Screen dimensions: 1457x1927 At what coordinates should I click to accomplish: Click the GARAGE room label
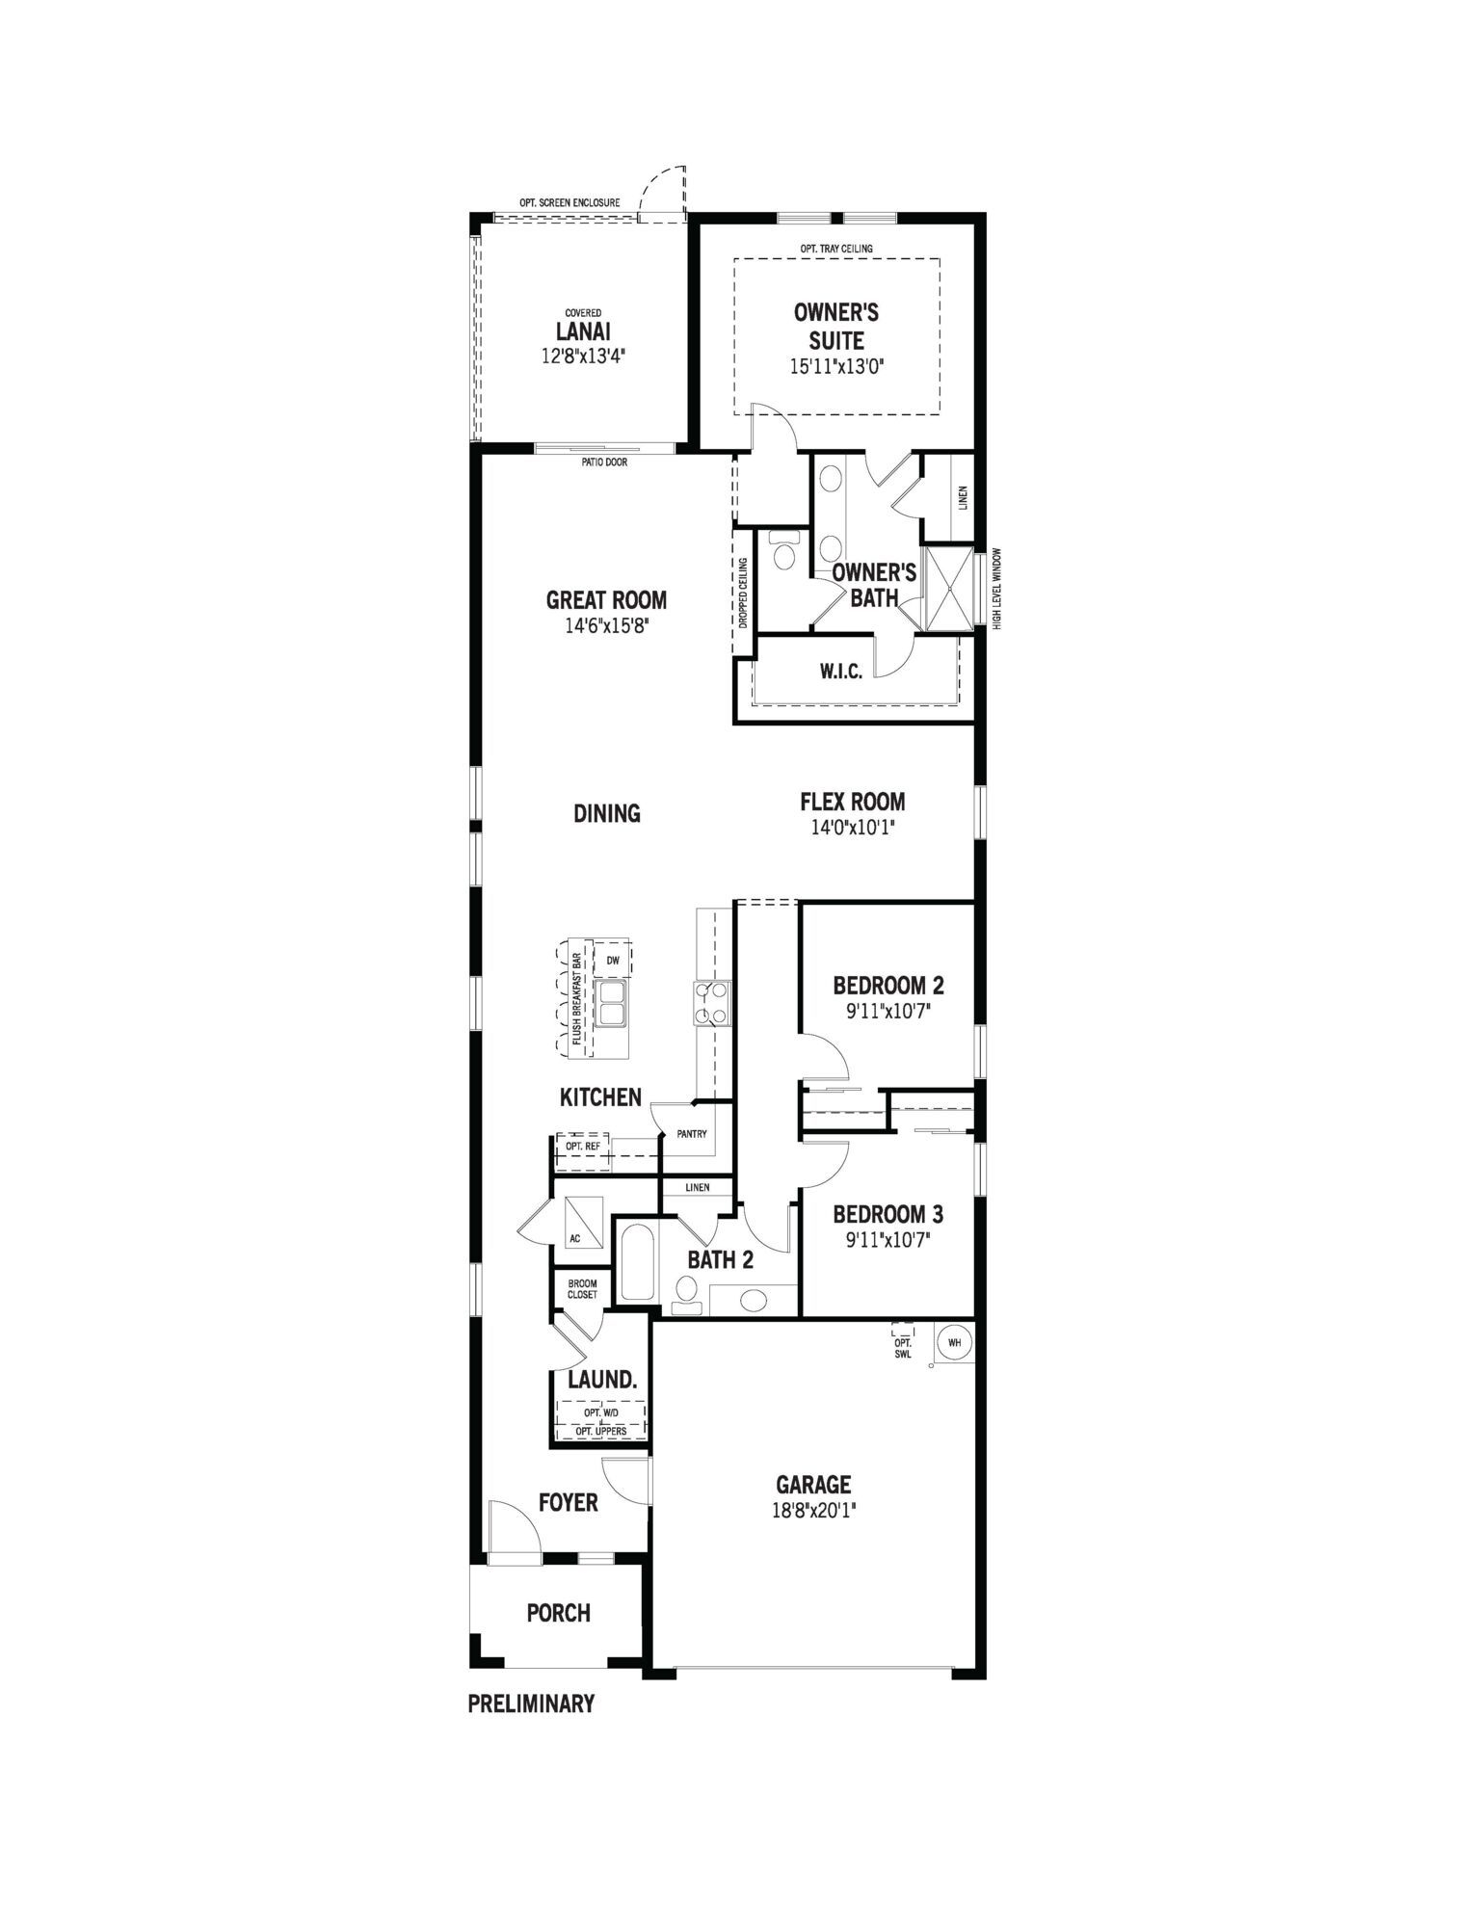coord(813,1485)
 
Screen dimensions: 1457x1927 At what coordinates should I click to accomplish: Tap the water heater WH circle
coord(954,1342)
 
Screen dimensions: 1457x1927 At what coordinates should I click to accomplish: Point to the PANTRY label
coord(692,1134)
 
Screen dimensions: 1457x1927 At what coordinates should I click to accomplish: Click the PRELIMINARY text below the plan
coord(531,1703)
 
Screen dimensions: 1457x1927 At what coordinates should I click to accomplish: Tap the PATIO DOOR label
coord(604,462)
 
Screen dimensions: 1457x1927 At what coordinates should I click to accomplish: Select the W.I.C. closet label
coord(841,672)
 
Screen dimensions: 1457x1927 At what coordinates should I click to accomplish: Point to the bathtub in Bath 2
coord(636,1262)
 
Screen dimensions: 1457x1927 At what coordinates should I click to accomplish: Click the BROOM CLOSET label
coord(582,1289)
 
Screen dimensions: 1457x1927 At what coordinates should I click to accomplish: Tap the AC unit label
coord(575,1238)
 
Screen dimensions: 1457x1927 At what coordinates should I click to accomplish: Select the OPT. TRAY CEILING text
coord(836,249)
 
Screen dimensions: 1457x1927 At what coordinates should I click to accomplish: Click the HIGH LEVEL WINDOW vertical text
coord(998,590)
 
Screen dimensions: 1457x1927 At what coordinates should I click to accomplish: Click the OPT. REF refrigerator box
coord(583,1148)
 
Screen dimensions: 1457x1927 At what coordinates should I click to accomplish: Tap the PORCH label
coord(558,1613)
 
